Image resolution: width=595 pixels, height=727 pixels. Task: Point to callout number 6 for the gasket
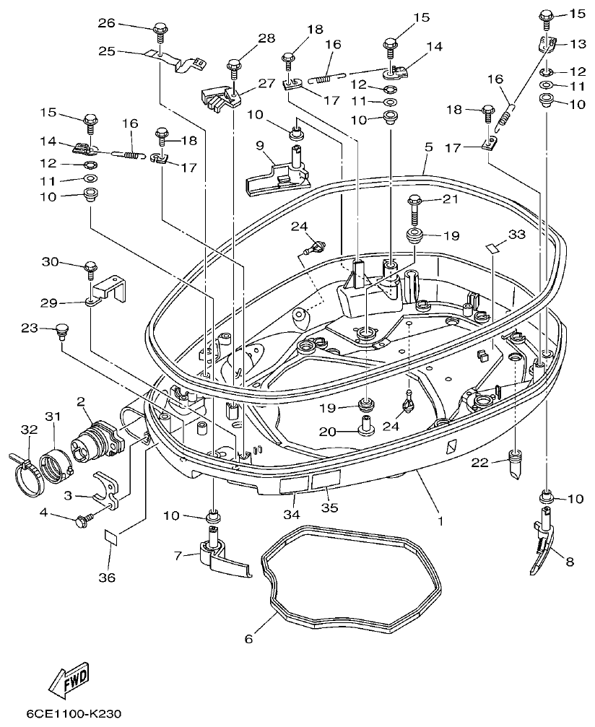[x=249, y=639]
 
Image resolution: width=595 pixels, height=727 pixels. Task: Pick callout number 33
[x=516, y=234]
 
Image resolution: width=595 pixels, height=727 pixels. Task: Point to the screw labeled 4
[x=84, y=518]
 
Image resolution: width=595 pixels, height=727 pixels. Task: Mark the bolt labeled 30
[x=91, y=268]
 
